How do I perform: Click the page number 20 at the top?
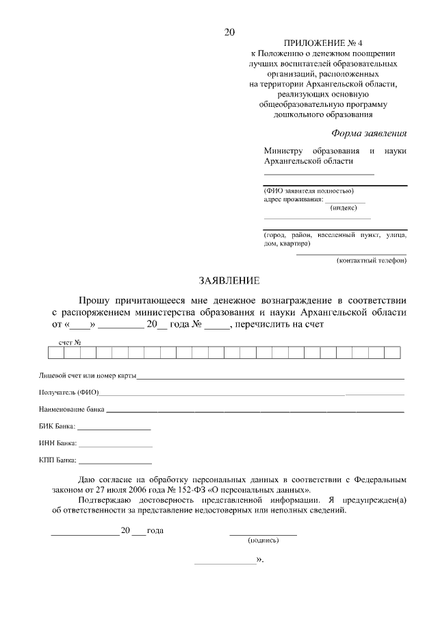coord(229,32)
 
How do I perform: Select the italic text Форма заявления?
coord(368,133)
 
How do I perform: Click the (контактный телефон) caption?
coord(371,260)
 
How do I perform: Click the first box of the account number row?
coord(55,353)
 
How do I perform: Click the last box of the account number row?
coord(392,353)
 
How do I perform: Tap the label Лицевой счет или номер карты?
coord(87,376)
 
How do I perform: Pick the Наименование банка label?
coord(72,410)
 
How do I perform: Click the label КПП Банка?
coord(58,460)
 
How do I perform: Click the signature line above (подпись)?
coord(263,533)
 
